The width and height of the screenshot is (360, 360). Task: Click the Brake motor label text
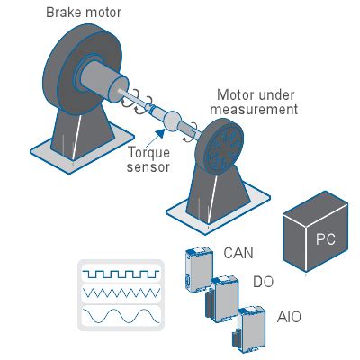pyautogui.click(x=84, y=13)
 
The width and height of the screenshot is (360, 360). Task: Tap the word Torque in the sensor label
pyautogui.click(x=148, y=153)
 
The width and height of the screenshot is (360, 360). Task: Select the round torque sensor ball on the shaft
pyautogui.click(x=172, y=121)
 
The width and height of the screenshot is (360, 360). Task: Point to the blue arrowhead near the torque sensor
pyautogui.click(x=160, y=133)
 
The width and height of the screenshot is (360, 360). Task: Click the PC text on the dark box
pyautogui.click(x=326, y=239)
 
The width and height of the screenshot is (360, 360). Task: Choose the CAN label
pyautogui.click(x=238, y=253)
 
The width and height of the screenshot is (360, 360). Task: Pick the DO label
pyautogui.click(x=264, y=282)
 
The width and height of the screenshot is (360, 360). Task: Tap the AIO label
pyautogui.click(x=289, y=317)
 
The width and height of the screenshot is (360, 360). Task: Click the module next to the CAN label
pyautogui.click(x=199, y=269)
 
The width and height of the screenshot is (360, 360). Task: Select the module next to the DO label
pyautogui.click(x=223, y=299)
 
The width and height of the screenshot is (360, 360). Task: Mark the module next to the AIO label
pyautogui.click(x=250, y=329)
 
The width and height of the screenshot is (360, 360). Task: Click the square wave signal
pyautogui.click(x=121, y=274)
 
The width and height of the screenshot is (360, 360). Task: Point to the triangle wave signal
pyautogui.click(x=121, y=292)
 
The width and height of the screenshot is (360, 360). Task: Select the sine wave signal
pyautogui.click(x=121, y=315)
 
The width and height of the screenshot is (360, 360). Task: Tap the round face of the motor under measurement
pyautogui.click(x=222, y=147)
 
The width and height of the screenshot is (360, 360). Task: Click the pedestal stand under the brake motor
pyautogui.click(x=81, y=135)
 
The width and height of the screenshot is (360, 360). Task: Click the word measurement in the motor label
pyautogui.click(x=254, y=109)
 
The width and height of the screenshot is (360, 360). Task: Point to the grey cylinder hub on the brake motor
pyautogui.click(x=102, y=79)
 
